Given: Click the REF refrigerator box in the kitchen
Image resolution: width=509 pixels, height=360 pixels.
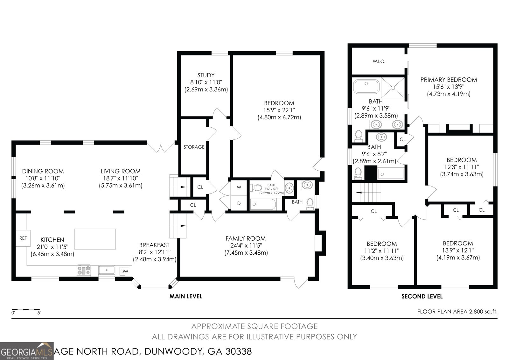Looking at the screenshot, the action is pyautogui.click(x=23, y=238).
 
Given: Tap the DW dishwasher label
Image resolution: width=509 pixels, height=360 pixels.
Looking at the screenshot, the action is pyautogui.click(x=124, y=271).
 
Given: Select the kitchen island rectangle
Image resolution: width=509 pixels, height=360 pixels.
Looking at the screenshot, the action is pyautogui.click(x=95, y=239).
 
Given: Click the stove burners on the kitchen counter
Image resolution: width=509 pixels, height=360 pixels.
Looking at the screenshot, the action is pyautogui.click(x=84, y=271).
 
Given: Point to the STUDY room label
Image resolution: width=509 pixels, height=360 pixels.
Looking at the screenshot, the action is pyautogui.click(x=206, y=75).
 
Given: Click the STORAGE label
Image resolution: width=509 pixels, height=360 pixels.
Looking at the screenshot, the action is pyautogui.click(x=194, y=147).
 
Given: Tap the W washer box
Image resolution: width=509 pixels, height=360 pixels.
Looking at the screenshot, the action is pyautogui.click(x=239, y=187).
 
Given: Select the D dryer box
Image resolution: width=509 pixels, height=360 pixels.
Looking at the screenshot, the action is pyautogui.click(x=239, y=203).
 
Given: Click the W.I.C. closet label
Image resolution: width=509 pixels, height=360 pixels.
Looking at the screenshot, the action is pyautogui.click(x=379, y=61).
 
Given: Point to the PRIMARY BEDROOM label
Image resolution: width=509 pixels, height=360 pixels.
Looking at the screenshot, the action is pyautogui.click(x=449, y=80).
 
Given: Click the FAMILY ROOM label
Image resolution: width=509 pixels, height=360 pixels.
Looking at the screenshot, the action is pyautogui.click(x=246, y=238).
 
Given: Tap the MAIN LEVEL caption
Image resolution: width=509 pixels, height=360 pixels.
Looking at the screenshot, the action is pyautogui.click(x=186, y=296).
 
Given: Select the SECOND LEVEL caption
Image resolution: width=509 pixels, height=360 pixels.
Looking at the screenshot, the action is pyautogui.click(x=422, y=297).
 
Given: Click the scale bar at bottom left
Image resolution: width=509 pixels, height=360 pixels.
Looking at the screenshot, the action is pyautogui.click(x=26, y=310).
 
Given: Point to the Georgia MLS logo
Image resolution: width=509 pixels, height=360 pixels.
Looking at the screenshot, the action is pyautogui.click(x=27, y=351).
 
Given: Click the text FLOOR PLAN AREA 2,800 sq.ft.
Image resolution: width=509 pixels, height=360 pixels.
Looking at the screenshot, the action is pyautogui.click(x=457, y=312).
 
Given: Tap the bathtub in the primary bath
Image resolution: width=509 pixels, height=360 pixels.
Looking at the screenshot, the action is pyautogui.click(x=366, y=86).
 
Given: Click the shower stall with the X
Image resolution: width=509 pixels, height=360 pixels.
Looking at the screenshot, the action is pyautogui.click(x=393, y=88).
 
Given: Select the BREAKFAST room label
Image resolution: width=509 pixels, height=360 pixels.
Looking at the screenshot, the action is pyautogui.click(x=154, y=245).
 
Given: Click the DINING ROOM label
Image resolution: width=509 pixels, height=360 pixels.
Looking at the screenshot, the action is pyautogui.click(x=43, y=171).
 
